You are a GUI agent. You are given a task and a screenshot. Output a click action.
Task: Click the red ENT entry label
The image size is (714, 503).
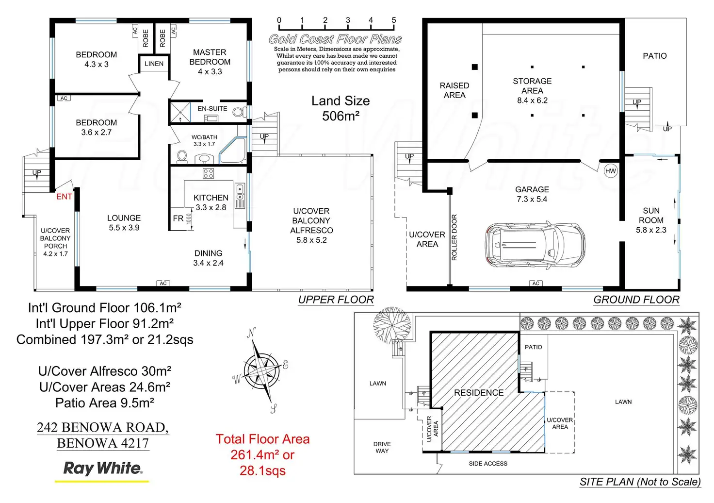[x=64, y=197]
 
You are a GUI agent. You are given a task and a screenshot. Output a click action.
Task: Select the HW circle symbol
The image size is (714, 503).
[x=611, y=171]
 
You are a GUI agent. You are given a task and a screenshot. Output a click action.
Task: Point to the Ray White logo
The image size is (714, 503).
[x=102, y=469]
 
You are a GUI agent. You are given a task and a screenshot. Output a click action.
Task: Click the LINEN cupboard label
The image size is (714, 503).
[x=154, y=64]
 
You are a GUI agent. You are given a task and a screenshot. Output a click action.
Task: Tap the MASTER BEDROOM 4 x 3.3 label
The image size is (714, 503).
[x=210, y=62]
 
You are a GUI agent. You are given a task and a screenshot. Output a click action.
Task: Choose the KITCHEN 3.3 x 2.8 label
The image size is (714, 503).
[x=211, y=202]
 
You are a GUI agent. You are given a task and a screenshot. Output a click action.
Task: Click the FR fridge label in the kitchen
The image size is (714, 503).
[x=178, y=218]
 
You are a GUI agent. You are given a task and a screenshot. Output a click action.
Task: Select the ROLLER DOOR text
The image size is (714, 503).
[x=454, y=237]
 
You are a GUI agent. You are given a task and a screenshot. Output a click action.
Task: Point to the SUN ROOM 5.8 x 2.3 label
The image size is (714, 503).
[x=651, y=220]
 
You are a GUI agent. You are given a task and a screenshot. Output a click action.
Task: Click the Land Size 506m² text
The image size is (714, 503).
[x=341, y=108]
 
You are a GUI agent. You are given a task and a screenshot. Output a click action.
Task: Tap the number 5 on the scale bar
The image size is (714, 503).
[x=394, y=20]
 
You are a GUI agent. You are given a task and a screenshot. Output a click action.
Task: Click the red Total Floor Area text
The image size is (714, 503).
[x=262, y=454]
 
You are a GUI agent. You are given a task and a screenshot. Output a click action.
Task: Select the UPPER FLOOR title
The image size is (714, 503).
[x=336, y=300]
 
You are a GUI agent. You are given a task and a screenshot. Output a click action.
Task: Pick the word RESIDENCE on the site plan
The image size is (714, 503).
[x=479, y=393]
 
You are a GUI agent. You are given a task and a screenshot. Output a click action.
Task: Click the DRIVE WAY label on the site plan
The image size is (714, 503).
[x=382, y=447]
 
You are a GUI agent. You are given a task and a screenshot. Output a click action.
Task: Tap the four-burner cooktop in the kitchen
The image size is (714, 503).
[x=208, y=173]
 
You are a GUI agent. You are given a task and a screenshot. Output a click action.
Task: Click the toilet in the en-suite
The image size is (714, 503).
[x=238, y=112]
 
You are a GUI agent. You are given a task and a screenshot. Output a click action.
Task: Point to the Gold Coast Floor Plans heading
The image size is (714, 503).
[x=335, y=39]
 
